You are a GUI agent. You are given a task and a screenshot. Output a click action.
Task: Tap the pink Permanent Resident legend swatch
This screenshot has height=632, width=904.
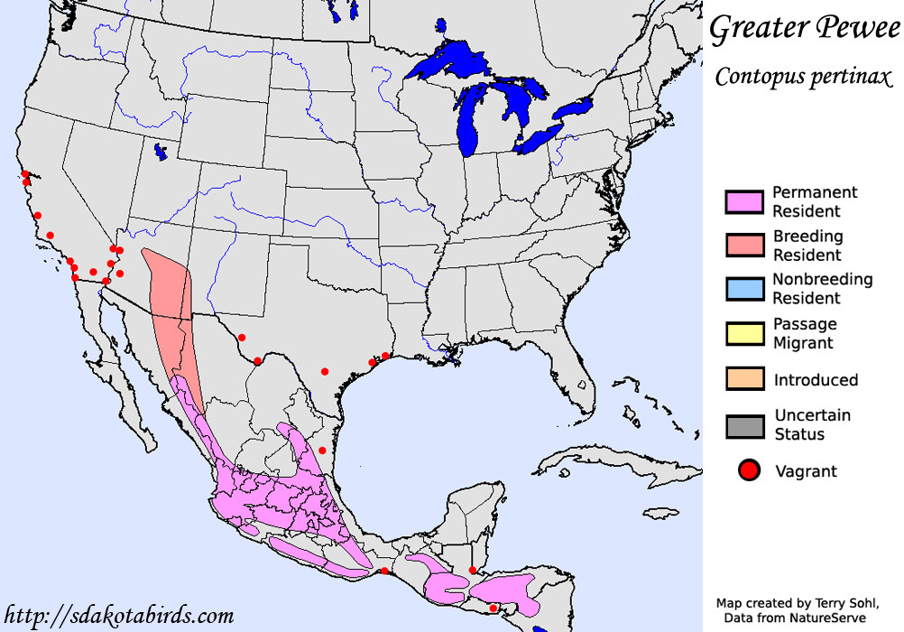(x=744, y=202)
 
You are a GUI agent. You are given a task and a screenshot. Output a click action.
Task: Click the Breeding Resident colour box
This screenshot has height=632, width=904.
(x=744, y=246)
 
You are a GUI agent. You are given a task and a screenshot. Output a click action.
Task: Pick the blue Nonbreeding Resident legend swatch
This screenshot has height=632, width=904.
(x=744, y=289)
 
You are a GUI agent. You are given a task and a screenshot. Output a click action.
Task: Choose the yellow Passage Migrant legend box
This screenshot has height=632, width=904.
(x=744, y=333)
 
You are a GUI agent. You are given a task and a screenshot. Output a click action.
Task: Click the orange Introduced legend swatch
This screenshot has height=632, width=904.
(x=744, y=379)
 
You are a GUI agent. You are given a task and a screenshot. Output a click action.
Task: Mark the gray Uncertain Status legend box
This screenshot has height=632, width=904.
(x=744, y=425)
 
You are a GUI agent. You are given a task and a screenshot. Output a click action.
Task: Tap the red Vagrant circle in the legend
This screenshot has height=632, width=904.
(x=748, y=470)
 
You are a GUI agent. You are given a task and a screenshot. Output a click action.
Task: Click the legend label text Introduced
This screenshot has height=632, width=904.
(x=816, y=380)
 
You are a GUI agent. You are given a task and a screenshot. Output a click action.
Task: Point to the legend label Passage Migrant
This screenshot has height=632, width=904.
(x=805, y=333)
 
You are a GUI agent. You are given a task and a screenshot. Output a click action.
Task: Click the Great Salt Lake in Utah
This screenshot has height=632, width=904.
(x=161, y=152)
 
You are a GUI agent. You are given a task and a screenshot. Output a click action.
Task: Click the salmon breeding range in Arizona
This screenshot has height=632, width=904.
(x=169, y=289)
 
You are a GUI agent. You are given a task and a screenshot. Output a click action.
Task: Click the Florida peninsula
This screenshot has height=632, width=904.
(x=577, y=379)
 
